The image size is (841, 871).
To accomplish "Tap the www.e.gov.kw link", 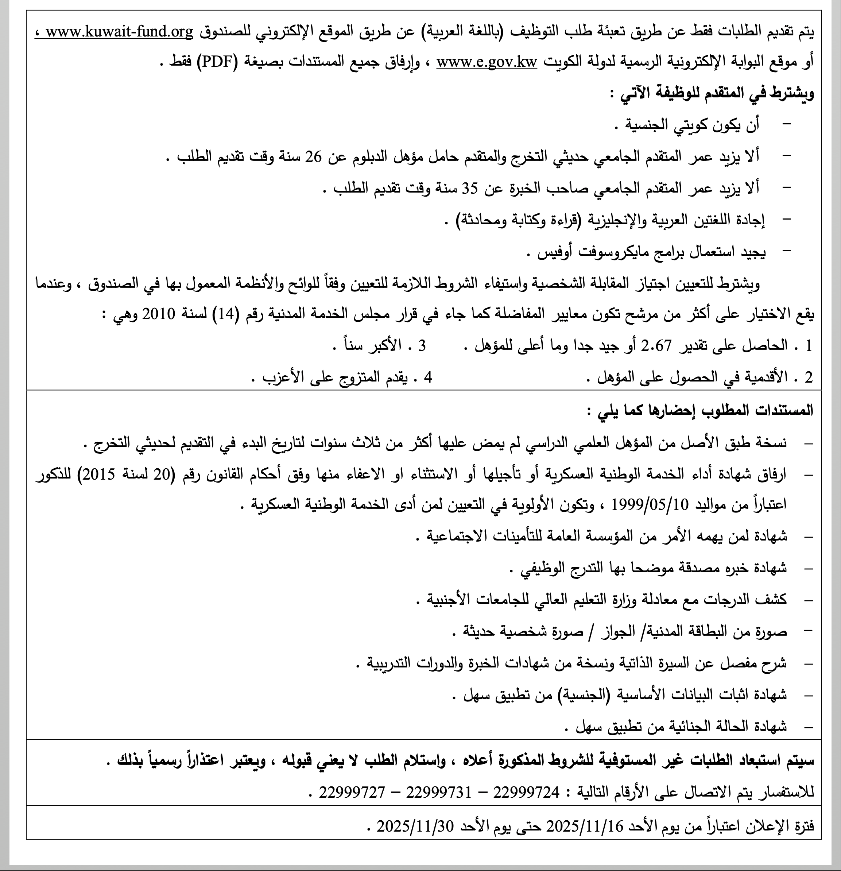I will point(487,63).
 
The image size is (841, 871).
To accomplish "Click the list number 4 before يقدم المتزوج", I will point(428,377).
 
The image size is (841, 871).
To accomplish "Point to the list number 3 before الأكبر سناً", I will point(422,346).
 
